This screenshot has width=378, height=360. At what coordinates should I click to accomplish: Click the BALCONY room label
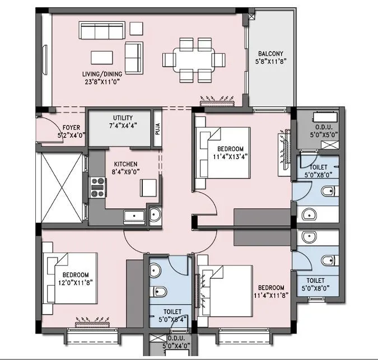coord(270,54)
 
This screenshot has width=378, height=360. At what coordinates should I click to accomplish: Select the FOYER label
coord(71,127)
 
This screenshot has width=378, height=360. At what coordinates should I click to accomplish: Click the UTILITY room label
coord(123,118)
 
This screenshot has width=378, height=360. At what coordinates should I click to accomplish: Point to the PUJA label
coord(158,129)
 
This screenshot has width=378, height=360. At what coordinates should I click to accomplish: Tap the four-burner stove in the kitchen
coord(98,188)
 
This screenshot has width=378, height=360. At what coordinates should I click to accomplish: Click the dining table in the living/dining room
coord(194,59)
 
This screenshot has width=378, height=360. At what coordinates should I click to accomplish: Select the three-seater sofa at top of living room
coord(103,31)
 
